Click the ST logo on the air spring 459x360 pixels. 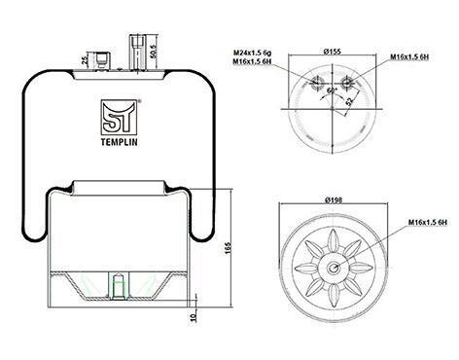tap(119, 118)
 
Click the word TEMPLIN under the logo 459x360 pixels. tap(119, 142)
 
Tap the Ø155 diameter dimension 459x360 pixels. tap(333, 52)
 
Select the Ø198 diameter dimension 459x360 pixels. tap(334, 200)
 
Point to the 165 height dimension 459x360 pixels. tap(228, 248)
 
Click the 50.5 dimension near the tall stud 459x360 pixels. tap(162, 52)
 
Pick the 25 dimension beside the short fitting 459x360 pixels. tap(85, 60)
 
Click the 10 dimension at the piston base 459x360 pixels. tap(194, 317)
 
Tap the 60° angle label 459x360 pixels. tap(333, 90)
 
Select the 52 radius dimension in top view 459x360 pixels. tap(350, 101)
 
